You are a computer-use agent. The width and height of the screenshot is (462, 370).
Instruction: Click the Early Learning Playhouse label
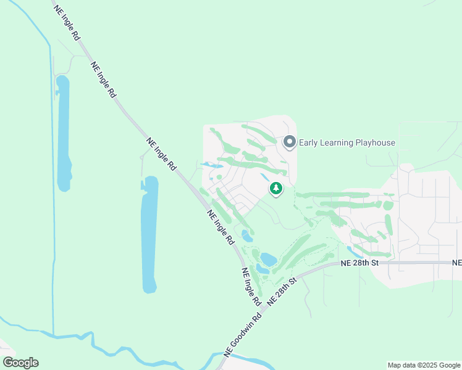pos(346,143)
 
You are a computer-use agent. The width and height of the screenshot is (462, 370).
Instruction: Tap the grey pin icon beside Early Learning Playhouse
pos(289,142)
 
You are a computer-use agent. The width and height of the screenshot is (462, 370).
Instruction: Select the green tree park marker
pos(276,189)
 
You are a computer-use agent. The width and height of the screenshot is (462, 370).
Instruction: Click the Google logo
pos(20,363)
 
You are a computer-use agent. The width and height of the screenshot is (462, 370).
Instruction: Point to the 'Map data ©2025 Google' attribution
pos(424,365)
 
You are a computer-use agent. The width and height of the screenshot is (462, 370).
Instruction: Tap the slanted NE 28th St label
pos(283,289)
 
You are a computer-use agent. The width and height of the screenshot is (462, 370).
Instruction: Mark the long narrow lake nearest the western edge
pos(63,133)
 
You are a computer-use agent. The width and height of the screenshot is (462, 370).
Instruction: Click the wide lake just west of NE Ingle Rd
pos(149,234)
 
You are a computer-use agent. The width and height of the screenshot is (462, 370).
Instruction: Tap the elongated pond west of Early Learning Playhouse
pos(211,165)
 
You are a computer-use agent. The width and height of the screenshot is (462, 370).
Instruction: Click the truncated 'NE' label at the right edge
pos(457,263)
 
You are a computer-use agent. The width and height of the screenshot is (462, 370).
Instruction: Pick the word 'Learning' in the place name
pos(335,143)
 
